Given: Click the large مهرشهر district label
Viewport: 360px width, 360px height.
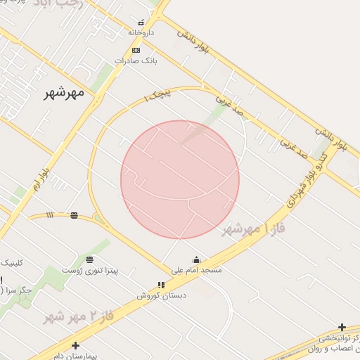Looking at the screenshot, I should tap(63, 92).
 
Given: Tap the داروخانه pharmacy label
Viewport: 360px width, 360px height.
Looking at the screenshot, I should tap(141, 32).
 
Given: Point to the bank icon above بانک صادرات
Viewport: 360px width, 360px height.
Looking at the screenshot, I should tap(136, 50).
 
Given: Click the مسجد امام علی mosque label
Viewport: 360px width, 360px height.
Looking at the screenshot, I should tap(196, 270).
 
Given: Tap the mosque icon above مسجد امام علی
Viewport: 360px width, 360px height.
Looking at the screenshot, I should tap(195, 259).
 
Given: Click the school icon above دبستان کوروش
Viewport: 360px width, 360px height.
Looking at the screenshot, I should tap(161, 285).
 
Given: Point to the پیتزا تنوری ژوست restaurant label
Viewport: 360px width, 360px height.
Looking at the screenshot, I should tap(90, 270).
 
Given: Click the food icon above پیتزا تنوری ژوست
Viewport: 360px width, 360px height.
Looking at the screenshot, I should tap(89, 259).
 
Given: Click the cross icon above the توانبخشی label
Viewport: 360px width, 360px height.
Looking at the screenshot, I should tap(342, 327).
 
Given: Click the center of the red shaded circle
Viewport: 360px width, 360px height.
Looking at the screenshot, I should tap(180, 179).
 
